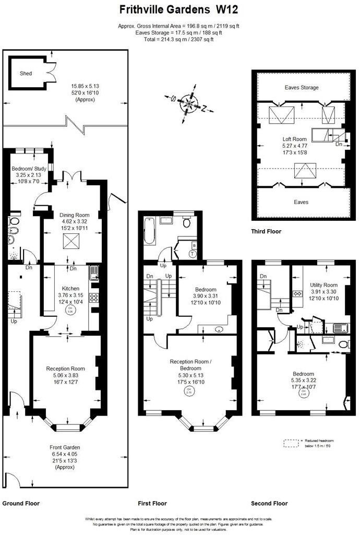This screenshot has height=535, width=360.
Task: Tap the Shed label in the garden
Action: coord(26,74)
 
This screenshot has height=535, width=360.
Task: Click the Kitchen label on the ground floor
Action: coord(70,288)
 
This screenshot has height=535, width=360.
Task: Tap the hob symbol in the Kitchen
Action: coord(94,298)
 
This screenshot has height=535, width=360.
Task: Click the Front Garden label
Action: coord(65,447)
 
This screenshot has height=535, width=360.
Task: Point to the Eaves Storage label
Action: coord(302,88)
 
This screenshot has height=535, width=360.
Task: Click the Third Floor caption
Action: coord(266,231)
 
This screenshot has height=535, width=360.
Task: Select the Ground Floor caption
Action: coord(21,504)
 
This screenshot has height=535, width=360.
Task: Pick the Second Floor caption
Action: coord(269,504)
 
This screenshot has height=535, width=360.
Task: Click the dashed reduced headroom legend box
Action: coord(291,443)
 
